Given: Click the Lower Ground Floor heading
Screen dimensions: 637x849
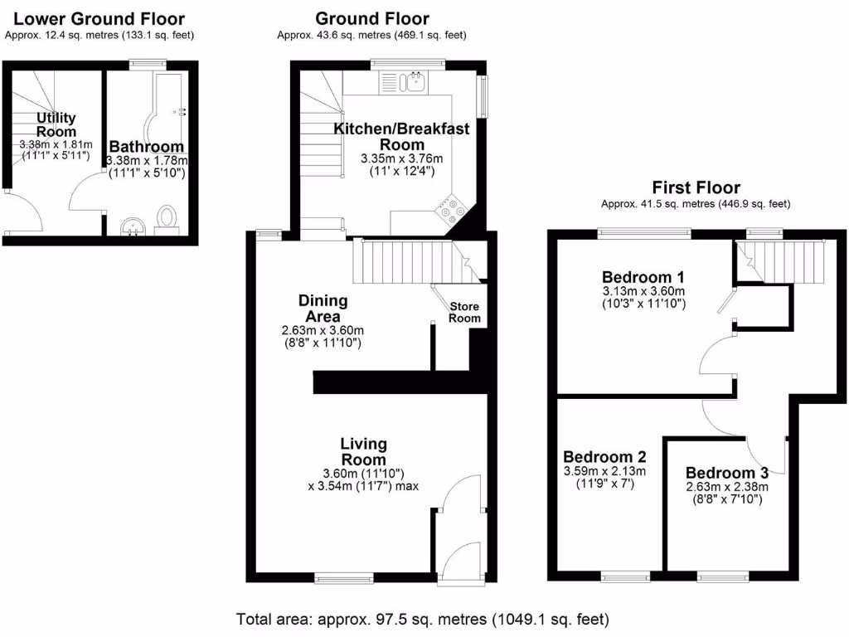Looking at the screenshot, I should (x=99, y=19).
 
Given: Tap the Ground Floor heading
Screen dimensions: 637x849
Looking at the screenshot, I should (x=372, y=19).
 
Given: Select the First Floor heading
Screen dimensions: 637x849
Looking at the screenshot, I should (x=696, y=187).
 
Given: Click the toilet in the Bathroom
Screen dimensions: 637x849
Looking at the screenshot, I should (x=167, y=217).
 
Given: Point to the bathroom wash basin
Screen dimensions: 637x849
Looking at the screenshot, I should (x=132, y=226).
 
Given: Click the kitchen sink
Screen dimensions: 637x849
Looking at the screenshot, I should (x=413, y=81).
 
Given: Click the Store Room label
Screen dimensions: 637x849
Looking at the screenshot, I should (x=464, y=313).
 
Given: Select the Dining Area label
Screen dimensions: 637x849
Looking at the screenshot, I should (x=323, y=309).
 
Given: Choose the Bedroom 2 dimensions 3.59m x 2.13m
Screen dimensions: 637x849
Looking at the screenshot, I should (x=604, y=472).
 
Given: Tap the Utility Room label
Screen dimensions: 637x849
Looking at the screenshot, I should (x=56, y=124).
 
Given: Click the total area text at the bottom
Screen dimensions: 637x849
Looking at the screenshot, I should (x=423, y=619).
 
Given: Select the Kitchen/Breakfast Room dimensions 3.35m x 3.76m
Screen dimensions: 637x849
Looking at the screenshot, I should (x=402, y=159).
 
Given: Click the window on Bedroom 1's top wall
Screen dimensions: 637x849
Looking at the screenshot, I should (x=644, y=233).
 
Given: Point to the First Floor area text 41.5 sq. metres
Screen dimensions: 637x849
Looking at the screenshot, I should (x=696, y=204).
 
